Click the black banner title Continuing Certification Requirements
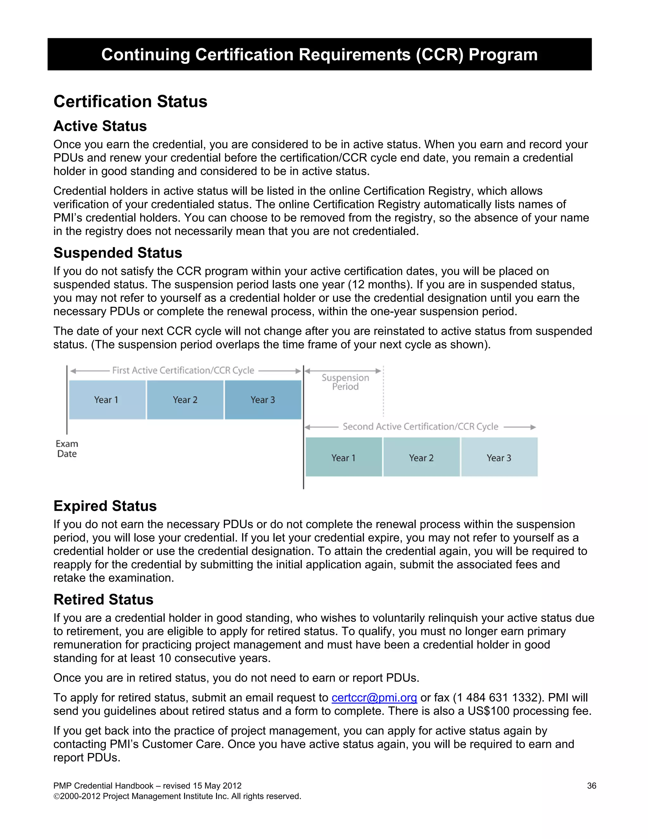point(319,54)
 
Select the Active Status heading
point(100,126)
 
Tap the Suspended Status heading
point(118,253)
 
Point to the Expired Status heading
point(105,506)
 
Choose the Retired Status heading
point(104,599)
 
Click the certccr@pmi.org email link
point(374,697)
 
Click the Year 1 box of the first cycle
point(107,400)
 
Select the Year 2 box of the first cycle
point(185,400)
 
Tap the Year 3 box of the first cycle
point(263,400)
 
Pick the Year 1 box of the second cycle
point(344,457)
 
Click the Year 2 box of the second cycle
point(421,457)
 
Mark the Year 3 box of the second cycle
point(499,457)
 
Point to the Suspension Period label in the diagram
point(345,382)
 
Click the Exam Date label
point(67,449)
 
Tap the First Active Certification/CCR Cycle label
point(183,370)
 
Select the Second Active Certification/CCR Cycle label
point(421,427)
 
